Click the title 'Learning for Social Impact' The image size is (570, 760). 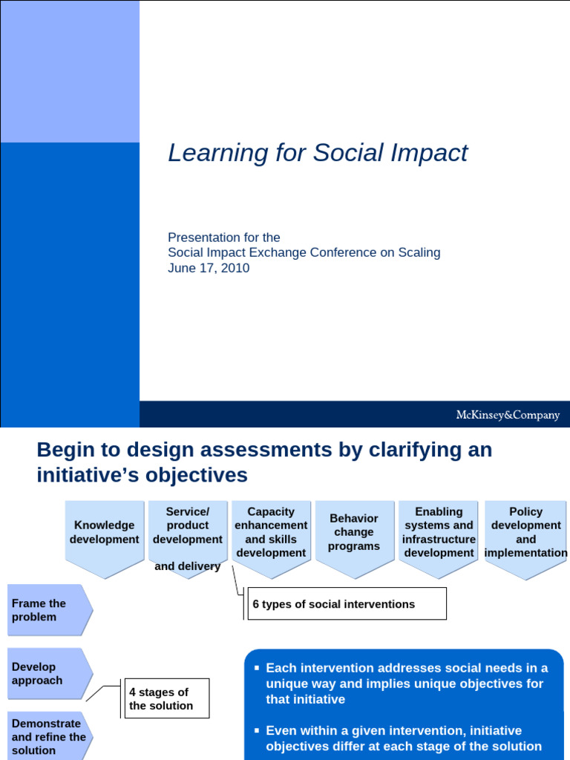point(318,153)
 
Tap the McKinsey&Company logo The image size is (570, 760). point(508,415)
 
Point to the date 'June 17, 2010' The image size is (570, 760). point(209,268)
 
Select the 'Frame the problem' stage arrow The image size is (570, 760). point(50,610)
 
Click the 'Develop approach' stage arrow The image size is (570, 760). point(50,674)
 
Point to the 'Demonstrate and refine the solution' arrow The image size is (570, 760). point(50,736)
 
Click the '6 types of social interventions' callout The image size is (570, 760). point(347,603)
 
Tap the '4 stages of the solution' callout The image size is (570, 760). point(167,698)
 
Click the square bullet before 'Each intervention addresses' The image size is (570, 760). point(257,668)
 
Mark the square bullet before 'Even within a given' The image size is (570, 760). point(257,730)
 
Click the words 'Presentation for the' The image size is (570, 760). point(224,237)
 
